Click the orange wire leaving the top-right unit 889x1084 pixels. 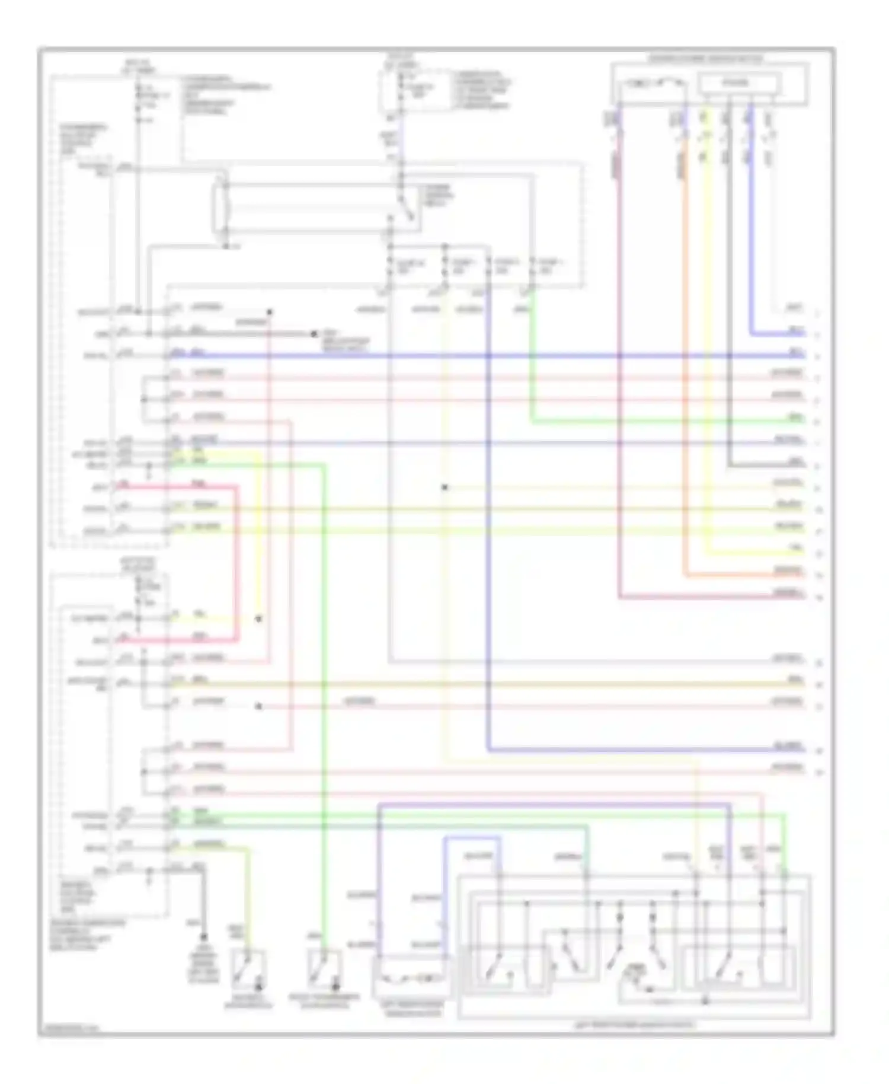click(685, 356)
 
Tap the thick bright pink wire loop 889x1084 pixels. click(237, 563)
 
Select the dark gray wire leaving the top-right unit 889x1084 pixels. click(728, 296)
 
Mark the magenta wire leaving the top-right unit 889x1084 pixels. click(619, 356)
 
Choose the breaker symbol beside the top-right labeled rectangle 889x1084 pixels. click(652, 84)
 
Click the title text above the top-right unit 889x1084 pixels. click(705, 59)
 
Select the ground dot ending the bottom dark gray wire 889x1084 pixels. click(203, 936)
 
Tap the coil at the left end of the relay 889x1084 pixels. click(225, 208)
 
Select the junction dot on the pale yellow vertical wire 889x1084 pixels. click(444, 487)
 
